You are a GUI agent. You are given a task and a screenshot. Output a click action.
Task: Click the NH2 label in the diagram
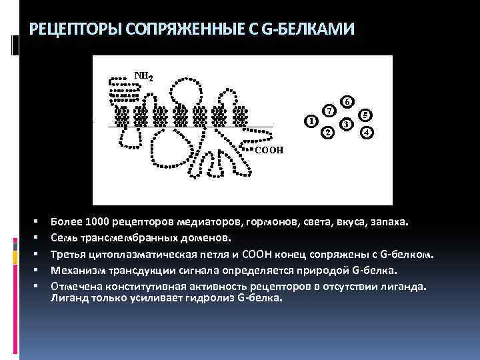point(145,76)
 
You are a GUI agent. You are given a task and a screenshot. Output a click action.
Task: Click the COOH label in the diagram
point(269,150)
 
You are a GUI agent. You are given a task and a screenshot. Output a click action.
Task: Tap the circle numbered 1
point(310,121)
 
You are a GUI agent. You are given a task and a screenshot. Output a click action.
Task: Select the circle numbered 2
point(327,133)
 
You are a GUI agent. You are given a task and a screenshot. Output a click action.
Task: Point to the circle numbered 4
point(366,133)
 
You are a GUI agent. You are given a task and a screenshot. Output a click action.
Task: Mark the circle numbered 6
point(347,102)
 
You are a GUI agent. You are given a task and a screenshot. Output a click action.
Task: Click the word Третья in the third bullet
point(68,254)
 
